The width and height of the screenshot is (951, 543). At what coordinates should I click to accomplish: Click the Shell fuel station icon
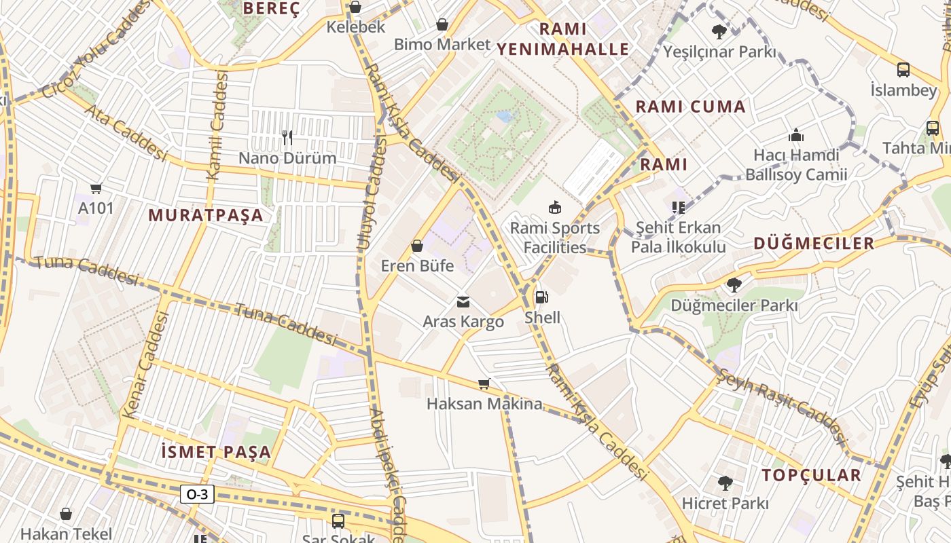(541, 297)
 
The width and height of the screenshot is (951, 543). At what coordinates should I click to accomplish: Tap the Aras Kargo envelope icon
(463, 301)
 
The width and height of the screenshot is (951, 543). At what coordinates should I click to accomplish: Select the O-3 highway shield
(197, 494)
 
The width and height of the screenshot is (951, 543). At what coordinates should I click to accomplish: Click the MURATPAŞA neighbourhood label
(206, 215)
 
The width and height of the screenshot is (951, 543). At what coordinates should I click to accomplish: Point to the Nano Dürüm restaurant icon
(287, 138)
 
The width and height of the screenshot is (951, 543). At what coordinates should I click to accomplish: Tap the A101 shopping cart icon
(96, 189)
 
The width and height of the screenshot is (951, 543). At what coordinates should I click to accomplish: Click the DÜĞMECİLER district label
(814, 244)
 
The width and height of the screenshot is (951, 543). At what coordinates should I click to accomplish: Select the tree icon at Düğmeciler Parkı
(734, 284)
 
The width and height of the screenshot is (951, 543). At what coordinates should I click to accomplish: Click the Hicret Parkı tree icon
(725, 483)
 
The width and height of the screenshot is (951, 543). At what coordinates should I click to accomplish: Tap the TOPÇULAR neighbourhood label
(811, 475)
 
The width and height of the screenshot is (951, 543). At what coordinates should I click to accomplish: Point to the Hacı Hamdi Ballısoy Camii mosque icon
(796, 135)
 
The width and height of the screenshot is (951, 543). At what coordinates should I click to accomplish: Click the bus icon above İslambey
(903, 69)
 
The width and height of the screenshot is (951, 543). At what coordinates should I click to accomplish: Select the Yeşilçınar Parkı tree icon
(719, 31)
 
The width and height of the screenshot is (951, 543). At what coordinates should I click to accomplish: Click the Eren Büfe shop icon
(417, 246)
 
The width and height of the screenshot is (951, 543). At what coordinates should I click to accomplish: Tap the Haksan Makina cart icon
(484, 384)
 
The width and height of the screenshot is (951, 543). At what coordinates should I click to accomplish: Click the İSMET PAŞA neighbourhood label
(216, 452)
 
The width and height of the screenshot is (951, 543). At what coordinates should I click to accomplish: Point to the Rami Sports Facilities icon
(555, 207)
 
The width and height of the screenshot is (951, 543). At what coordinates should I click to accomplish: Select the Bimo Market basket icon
(442, 24)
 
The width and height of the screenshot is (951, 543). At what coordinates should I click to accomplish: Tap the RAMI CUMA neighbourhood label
(690, 107)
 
